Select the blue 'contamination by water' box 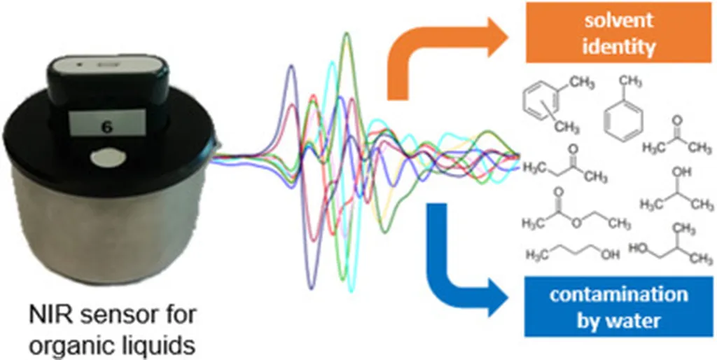[x=618, y=305]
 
